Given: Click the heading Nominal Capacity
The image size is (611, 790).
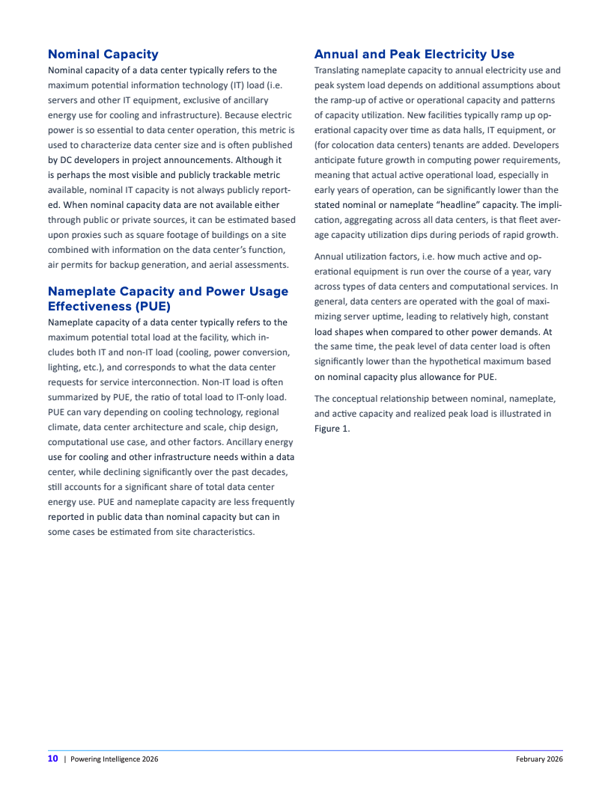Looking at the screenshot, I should [x=103, y=54].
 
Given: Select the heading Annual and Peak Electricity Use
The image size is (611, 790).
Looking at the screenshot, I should [x=414, y=54].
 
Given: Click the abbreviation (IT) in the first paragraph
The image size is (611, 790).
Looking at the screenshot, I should [x=225, y=85].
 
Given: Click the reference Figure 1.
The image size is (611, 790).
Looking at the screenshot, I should [x=332, y=429].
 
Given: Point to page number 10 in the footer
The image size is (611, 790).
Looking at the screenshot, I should [x=52, y=759].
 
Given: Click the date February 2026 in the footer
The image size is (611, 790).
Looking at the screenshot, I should [x=538, y=759].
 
